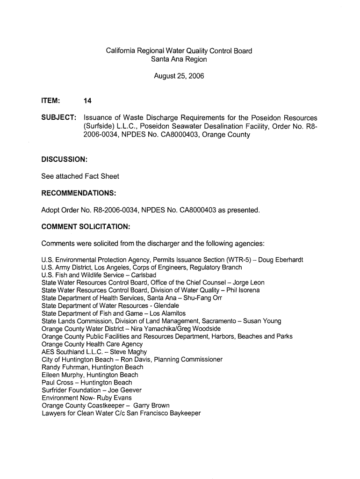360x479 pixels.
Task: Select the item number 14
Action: pyautogui.click(x=87, y=100)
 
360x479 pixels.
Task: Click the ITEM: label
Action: pyautogui.click(x=50, y=100)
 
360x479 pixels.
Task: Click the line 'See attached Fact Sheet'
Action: pyautogui.click(x=80, y=176)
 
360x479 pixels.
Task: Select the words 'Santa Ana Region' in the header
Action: pyautogui.click(x=179, y=59)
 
